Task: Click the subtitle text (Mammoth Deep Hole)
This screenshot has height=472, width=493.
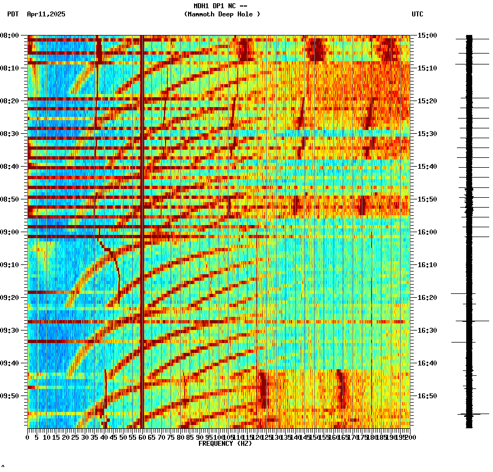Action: point(222,14)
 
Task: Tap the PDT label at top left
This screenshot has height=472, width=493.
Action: point(13,14)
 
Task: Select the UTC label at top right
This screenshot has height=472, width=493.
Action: point(418,14)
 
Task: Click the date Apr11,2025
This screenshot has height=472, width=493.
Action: point(46,14)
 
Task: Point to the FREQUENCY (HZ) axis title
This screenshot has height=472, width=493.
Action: point(225,444)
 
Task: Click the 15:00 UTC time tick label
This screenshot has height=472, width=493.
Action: point(427,36)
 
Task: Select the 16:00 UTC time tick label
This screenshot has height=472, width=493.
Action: point(427,232)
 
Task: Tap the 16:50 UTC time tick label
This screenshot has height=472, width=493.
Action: point(427,396)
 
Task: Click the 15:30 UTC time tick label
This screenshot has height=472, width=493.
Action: point(427,134)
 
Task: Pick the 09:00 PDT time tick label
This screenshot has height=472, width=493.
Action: point(10,232)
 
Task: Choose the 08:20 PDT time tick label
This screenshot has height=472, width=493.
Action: point(10,101)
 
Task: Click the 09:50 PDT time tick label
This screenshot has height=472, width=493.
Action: point(10,396)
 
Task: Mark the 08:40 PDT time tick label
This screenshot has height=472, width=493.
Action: point(10,167)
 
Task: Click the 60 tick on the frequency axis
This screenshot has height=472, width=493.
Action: point(142,438)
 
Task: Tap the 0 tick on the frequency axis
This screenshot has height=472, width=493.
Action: point(28,438)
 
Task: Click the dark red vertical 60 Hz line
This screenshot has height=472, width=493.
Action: point(142,219)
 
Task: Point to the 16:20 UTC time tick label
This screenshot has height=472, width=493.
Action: point(427,298)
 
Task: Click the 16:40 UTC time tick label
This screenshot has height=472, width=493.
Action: point(427,363)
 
